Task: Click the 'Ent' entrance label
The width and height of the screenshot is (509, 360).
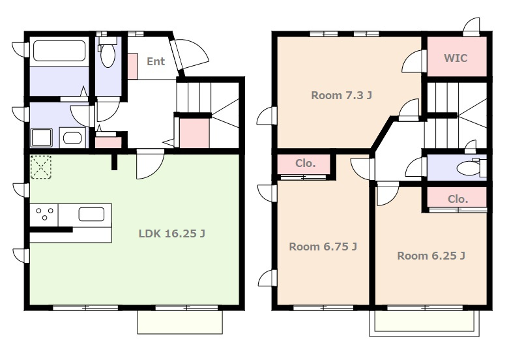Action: [156, 61]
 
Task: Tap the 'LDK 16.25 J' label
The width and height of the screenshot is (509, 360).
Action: [171, 233]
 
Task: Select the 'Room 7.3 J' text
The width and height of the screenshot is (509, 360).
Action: [342, 95]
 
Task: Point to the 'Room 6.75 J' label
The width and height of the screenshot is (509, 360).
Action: [323, 247]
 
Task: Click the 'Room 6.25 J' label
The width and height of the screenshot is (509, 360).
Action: [431, 256]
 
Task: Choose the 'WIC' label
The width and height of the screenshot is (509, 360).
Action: [456, 58]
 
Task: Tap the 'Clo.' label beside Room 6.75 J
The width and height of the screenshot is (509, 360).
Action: [305, 163]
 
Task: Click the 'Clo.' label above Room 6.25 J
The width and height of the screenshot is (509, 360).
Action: [458, 199]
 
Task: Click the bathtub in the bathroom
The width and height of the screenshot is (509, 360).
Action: [59, 51]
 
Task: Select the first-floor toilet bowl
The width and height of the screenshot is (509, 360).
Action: [108, 55]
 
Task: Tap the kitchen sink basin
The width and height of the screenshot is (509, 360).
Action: [91, 215]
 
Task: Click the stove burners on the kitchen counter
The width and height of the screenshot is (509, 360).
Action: [44, 214]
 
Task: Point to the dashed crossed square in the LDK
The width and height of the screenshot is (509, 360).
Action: [41, 168]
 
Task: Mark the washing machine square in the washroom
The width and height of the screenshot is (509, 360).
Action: [42, 138]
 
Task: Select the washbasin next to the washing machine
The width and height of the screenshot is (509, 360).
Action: [72, 138]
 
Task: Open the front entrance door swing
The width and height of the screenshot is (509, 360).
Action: [190, 53]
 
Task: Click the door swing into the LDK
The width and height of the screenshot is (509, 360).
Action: [151, 164]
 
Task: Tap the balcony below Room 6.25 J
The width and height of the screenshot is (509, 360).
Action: [424, 323]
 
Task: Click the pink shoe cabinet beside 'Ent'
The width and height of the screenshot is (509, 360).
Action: [132, 67]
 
